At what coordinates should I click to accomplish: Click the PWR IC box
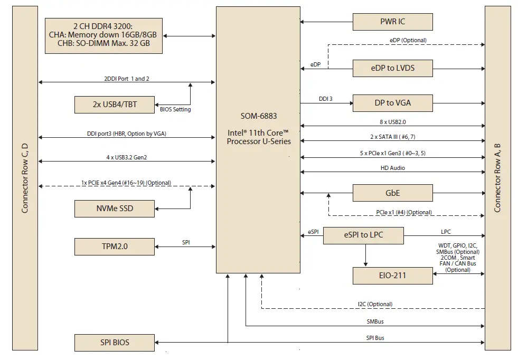click(392, 22)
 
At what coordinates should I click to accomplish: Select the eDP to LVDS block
click(392, 68)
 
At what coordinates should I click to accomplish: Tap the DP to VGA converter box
click(392, 103)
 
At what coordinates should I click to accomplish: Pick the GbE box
click(392, 193)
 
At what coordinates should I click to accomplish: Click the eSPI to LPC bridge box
click(363, 235)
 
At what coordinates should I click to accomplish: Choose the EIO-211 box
click(392, 275)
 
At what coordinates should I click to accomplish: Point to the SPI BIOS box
click(115, 342)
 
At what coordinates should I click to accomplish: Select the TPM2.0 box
click(115, 246)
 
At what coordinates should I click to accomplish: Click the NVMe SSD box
click(115, 209)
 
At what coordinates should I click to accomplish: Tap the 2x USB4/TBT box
click(115, 104)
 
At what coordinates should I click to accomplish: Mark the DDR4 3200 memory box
click(103, 35)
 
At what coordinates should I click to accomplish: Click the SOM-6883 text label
click(259, 116)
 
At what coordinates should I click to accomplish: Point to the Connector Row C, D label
click(25, 179)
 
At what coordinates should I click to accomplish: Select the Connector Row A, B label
click(497, 179)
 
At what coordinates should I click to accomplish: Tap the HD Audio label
click(392, 168)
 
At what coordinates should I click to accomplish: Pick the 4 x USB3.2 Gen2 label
click(126, 157)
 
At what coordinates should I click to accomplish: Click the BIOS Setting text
click(175, 110)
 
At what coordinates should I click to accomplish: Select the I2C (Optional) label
click(374, 304)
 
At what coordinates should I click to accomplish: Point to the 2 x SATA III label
click(392, 137)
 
